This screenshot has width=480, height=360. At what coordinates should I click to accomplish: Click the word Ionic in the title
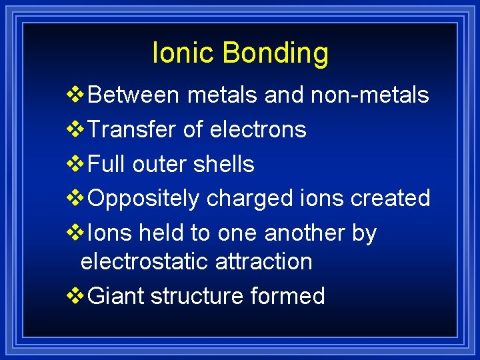[179, 53]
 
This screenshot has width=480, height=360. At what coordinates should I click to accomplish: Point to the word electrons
[258, 130]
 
